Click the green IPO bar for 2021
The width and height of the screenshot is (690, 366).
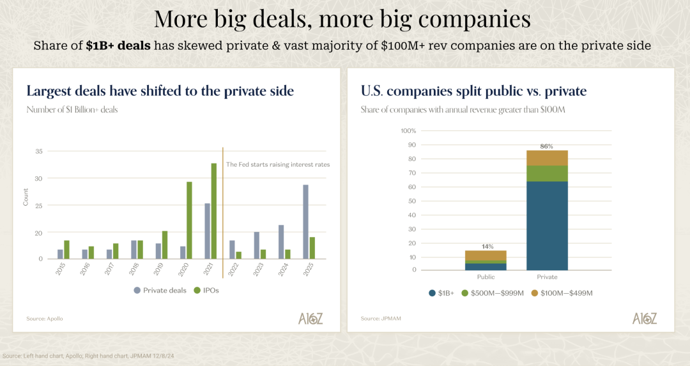(214, 211)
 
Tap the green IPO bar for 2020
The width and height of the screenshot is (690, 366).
(189, 220)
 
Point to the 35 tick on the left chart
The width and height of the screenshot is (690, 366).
(38, 151)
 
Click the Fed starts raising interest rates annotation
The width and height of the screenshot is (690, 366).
(278, 164)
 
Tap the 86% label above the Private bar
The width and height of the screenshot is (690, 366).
(547, 146)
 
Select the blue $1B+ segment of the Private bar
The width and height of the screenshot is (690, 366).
(547, 225)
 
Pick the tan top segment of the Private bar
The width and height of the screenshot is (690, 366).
(547, 158)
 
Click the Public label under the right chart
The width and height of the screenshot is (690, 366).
(486, 277)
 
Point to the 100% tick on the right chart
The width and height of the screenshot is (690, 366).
(408, 131)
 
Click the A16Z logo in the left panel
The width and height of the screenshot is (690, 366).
(310, 318)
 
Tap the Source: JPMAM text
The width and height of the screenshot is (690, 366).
(375, 318)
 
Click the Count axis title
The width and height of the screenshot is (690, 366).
(26, 198)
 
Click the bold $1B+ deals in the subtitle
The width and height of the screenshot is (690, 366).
(118, 46)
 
